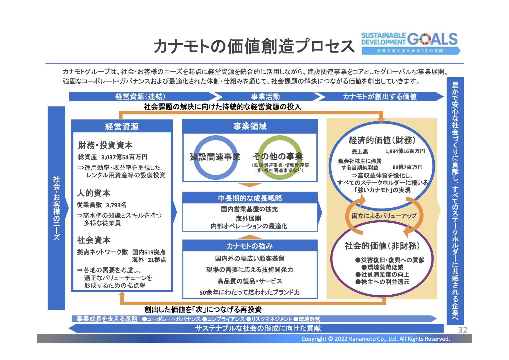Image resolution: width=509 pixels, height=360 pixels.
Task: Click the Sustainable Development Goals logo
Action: coord(410,43)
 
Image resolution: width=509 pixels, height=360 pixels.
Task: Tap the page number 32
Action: coord(463,330)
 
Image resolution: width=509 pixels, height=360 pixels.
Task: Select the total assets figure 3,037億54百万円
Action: coord(124,157)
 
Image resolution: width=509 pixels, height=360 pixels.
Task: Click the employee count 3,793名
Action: coord(116,205)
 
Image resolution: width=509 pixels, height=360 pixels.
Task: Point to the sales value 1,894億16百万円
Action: coord(405,151)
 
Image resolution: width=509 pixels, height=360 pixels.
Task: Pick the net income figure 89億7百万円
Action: coord(407,167)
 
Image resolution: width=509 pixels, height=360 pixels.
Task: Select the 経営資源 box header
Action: coord(122,126)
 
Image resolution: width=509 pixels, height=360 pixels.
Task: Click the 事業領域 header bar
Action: coord(250,126)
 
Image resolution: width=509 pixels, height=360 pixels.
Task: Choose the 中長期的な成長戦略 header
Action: coord(250,198)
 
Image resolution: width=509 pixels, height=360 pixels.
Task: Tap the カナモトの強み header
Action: coord(250,246)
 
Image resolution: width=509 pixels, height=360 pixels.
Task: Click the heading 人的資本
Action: coord(93,193)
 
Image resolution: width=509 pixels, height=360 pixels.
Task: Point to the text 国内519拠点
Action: coord(149,252)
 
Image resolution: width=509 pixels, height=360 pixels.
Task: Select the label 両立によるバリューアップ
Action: coord(384,216)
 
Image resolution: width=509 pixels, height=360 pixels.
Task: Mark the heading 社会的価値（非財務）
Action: coord(382,246)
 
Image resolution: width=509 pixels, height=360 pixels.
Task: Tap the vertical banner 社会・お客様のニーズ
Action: coord(57,208)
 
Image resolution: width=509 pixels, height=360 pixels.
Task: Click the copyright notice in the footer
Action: coord(376,339)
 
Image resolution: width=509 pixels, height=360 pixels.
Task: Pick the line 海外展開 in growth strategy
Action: coord(248,218)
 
